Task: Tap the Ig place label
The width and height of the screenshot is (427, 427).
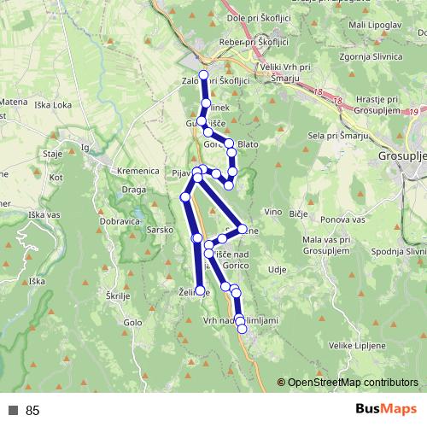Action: [x=84, y=147]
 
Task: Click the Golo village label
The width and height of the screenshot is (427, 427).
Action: [x=132, y=322]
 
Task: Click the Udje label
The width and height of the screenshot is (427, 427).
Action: [x=277, y=269]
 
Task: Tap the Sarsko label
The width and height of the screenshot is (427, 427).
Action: [x=160, y=230]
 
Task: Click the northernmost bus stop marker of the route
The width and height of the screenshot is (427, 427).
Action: [x=203, y=74]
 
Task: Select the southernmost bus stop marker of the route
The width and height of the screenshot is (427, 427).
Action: [x=242, y=329]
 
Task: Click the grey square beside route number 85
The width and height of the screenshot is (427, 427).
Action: [x=12, y=411]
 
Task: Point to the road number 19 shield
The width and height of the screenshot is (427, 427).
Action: [x=413, y=111]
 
